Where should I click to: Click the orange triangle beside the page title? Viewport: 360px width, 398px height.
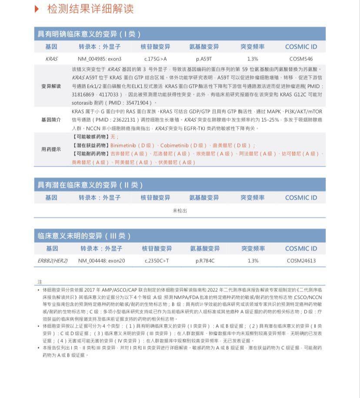click(x=37, y=9)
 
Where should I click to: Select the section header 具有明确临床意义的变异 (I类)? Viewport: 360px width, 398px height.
click(x=89, y=34)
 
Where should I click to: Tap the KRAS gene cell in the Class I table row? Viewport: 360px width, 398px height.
click(x=51, y=59)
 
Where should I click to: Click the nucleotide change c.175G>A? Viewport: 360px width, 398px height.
click(x=155, y=59)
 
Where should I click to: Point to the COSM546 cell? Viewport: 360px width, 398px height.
click(x=301, y=59)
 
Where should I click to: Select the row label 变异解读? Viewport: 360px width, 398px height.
click(x=51, y=86)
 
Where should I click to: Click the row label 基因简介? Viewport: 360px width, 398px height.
click(x=51, y=120)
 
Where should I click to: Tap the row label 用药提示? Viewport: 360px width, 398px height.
click(x=51, y=149)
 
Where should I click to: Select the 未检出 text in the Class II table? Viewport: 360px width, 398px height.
click(x=180, y=211)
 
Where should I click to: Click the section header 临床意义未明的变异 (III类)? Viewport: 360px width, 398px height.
click(x=84, y=236)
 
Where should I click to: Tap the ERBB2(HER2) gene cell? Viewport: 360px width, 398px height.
click(x=53, y=261)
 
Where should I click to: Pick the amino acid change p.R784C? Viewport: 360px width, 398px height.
click(x=205, y=261)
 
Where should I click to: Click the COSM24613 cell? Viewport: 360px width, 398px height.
click(x=301, y=261)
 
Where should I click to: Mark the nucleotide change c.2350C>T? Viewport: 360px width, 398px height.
click(x=157, y=261)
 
